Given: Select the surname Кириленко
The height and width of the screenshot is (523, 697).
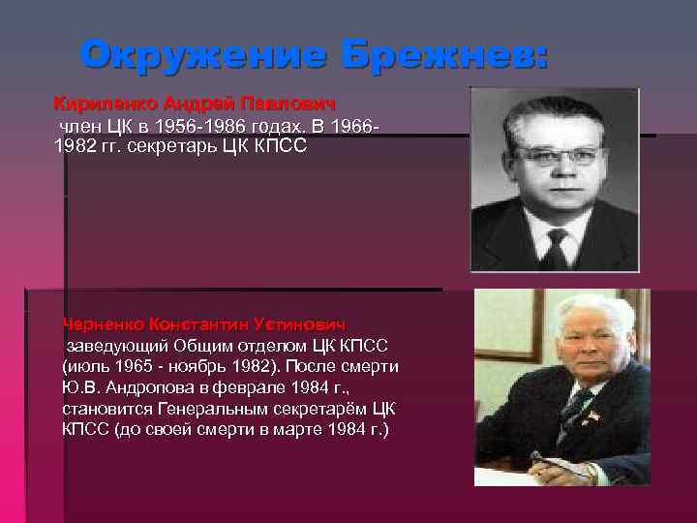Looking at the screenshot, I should tap(105, 103).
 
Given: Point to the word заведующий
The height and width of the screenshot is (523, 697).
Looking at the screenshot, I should tap(115, 345).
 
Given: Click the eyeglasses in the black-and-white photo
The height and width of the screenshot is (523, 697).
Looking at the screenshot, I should tap(559, 155).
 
